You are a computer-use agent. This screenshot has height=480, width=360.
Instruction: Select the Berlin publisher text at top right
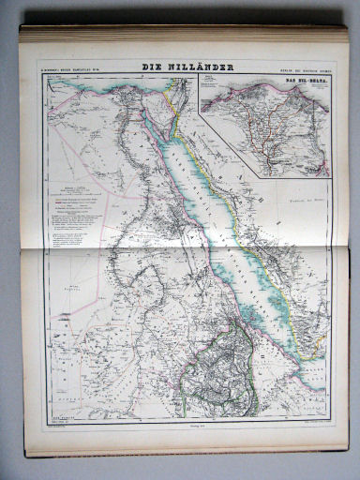[x=298, y=67]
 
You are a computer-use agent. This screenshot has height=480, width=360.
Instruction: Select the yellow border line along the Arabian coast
[x=253, y=234]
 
